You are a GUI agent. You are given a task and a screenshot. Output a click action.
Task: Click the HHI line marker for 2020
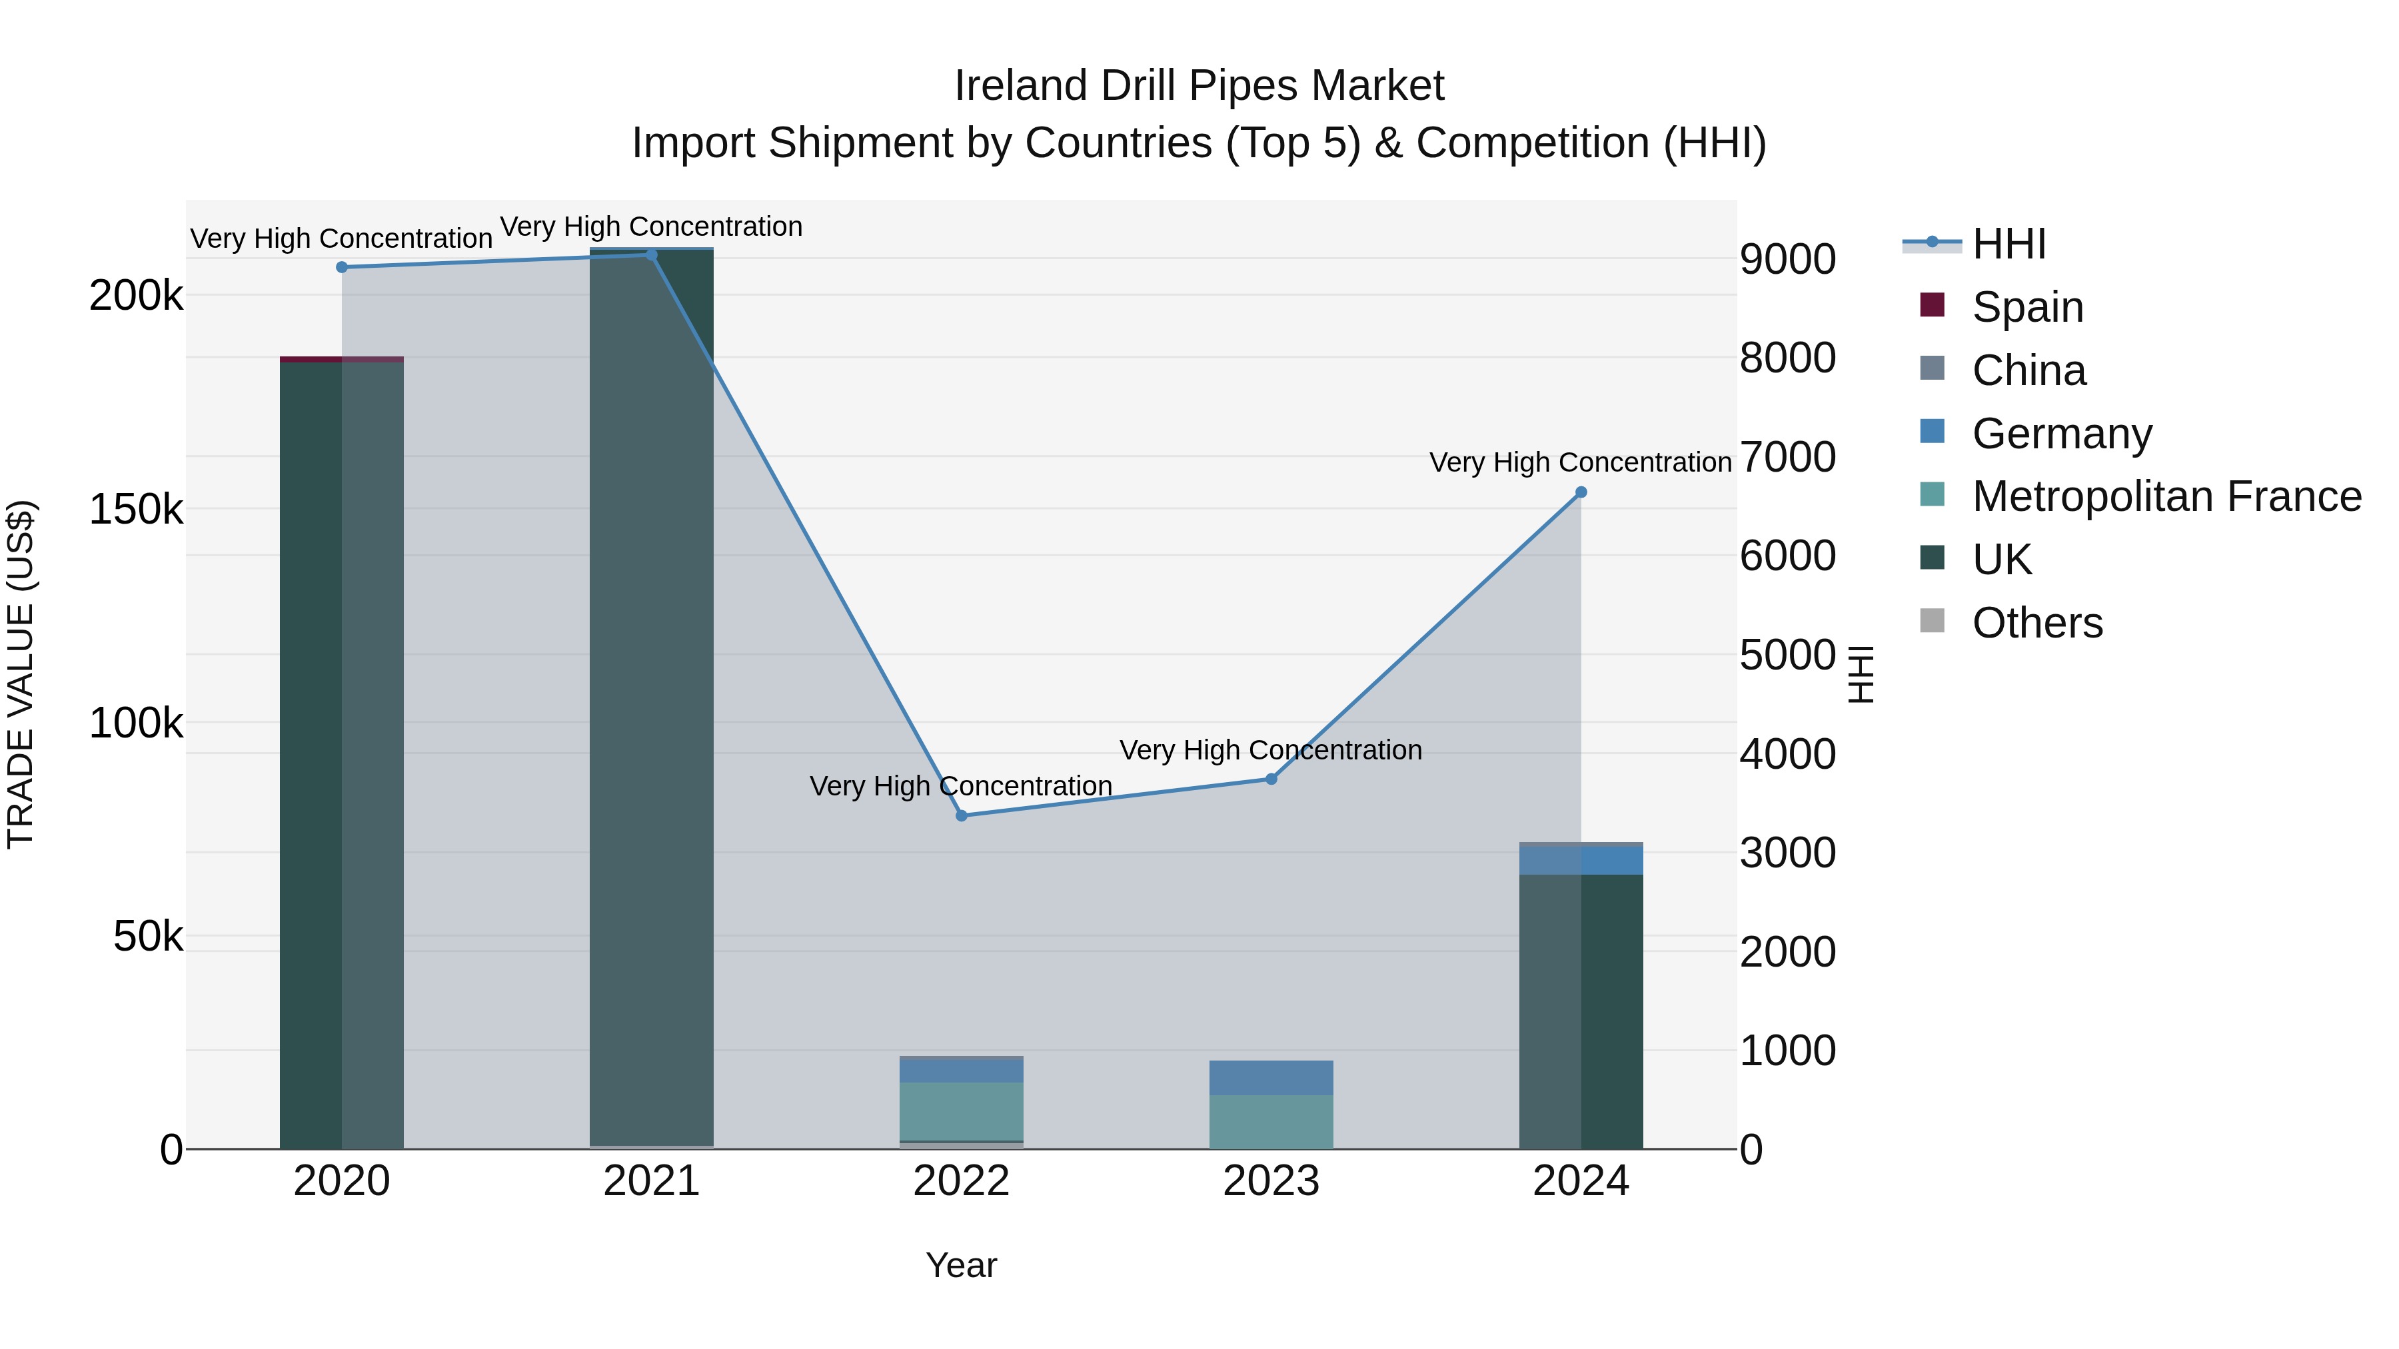(342, 267)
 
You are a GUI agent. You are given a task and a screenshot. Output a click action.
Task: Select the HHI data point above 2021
(652, 254)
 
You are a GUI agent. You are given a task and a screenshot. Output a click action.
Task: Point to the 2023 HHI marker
(1271, 778)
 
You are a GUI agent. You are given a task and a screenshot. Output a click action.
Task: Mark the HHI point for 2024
(1581, 492)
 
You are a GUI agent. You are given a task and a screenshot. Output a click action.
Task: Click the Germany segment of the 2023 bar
(1271, 1077)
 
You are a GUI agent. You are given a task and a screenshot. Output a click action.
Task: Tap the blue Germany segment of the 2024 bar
(1581, 859)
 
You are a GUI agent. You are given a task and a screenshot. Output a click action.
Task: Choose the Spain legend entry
(2027, 307)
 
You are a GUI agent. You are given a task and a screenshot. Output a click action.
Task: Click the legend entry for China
(2028, 370)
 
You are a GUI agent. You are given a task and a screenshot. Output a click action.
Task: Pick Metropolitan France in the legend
(2166, 496)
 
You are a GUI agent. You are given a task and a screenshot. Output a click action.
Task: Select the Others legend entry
(2036, 623)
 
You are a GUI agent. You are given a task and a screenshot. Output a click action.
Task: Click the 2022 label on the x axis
(961, 1181)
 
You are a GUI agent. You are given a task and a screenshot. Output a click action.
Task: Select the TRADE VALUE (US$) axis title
(21, 674)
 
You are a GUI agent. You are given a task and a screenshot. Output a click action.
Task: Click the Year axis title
(961, 1265)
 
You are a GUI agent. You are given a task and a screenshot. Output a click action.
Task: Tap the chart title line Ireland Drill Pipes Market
(1199, 86)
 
